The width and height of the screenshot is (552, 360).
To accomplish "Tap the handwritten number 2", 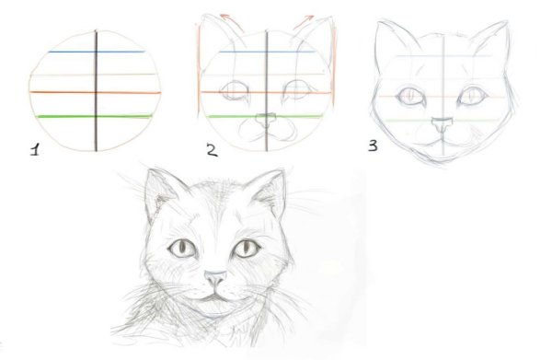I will [212, 150].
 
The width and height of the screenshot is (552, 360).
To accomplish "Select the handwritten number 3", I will [374, 145].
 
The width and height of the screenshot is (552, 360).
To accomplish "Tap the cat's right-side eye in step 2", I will [296, 92].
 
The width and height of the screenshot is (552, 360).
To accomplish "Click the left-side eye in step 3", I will [408, 95].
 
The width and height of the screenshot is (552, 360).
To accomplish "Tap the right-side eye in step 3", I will [474, 95].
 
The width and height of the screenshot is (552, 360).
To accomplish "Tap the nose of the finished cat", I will [214, 277].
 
